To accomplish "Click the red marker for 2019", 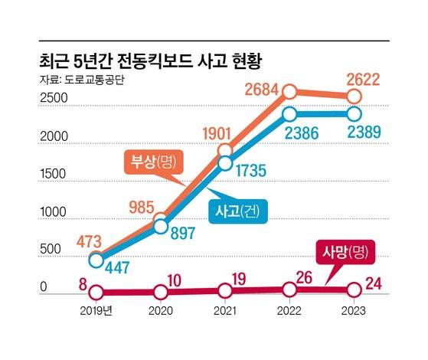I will (96, 292).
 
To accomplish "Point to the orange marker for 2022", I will (289, 92).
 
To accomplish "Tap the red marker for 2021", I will (225, 291).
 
